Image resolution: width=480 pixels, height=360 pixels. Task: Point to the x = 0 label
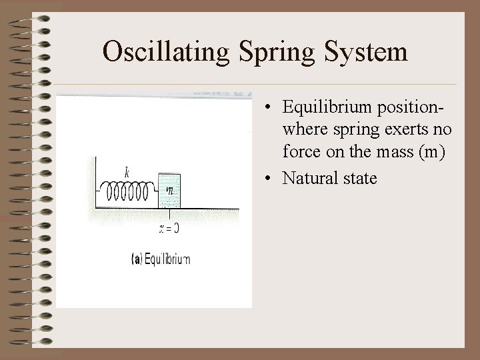[169, 229]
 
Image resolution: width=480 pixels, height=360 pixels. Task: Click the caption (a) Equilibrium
[161, 259]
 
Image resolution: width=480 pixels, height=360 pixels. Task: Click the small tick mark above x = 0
[171, 215]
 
